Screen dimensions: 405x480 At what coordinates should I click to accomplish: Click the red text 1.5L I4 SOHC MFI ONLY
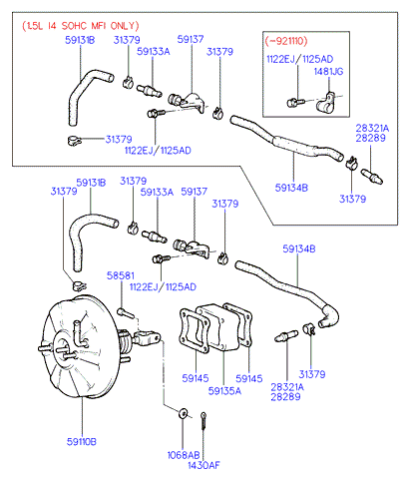coord(81,26)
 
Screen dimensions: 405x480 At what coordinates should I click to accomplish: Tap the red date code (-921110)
coord(286,41)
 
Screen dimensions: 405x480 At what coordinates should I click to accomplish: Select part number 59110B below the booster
coord(82,442)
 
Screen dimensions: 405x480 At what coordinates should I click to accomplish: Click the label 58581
coord(121,275)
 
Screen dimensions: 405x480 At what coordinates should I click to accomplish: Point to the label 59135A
coord(224,391)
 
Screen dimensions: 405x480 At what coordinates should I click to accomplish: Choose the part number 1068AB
coord(184,455)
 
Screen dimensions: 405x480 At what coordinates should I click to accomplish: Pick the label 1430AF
coord(203,465)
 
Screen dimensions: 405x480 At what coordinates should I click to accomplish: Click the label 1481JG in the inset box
coord(329,71)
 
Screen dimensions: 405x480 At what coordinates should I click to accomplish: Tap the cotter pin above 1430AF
coord(203,421)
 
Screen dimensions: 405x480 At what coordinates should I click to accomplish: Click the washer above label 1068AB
coord(183,413)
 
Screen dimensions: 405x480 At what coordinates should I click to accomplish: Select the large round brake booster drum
coord(80,346)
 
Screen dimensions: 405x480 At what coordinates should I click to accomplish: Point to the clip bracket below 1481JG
coord(325,103)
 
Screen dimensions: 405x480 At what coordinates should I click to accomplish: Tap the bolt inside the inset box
coord(295,103)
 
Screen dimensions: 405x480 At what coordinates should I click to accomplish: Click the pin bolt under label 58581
coord(126,312)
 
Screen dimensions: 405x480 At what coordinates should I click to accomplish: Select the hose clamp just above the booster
coord(79,285)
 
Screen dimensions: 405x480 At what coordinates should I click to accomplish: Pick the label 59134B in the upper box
coord(291,188)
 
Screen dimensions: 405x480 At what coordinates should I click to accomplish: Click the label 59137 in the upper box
coord(191,39)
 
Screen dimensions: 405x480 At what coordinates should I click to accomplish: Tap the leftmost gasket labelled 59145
coord(195,331)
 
